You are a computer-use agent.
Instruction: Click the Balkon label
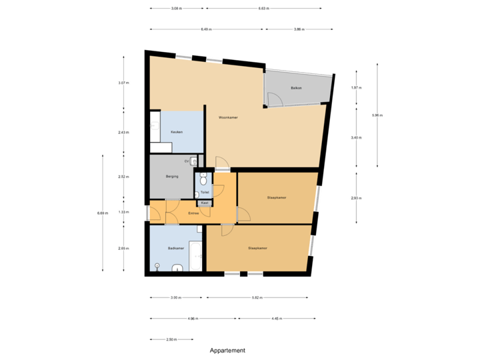coord(297,88)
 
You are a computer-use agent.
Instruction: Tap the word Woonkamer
coord(228,117)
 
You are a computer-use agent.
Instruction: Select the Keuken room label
coord(177,132)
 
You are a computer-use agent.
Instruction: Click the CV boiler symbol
coord(193,161)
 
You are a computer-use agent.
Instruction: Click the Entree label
coord(193,213)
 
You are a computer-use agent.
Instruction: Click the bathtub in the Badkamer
coord(195,256)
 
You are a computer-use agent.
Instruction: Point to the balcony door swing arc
coord(275,100)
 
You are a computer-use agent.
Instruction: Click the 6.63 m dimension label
coord(264,9)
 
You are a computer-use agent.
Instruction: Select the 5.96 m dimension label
coord(377,115)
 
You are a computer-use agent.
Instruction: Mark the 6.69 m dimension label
coord(102,213)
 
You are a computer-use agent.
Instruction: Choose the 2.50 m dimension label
coord(171,339)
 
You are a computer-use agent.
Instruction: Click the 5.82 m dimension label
coord(257,298)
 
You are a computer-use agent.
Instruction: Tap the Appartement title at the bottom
coord(228,350)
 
